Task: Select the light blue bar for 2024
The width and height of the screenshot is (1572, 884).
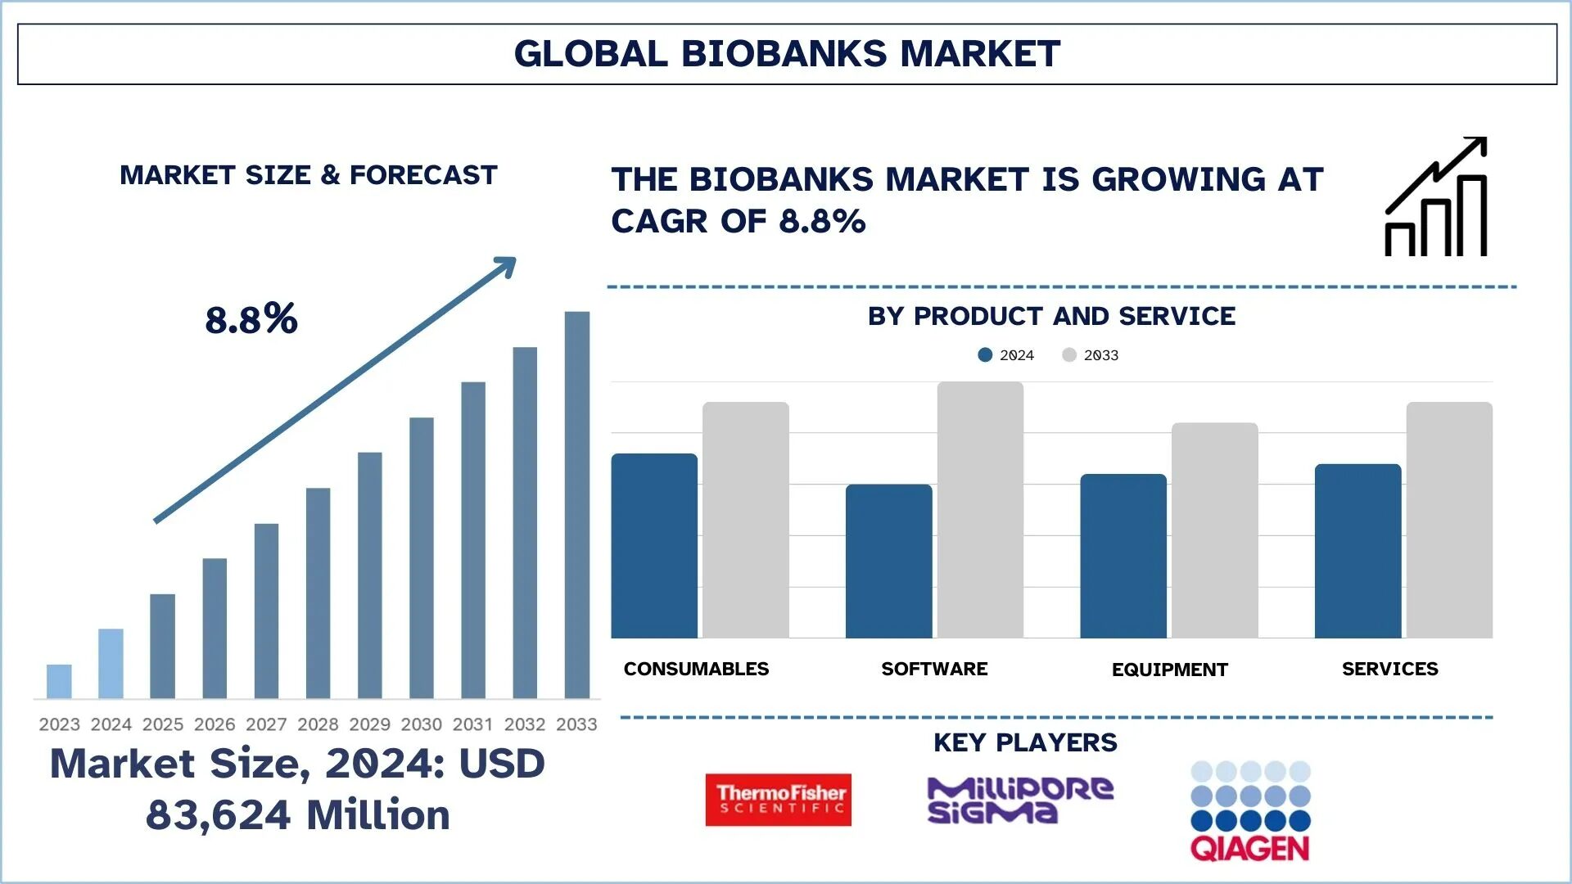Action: pyautogui.click(x=111, y=663)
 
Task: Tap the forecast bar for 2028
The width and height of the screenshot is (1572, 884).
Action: pyautogui.click(x=318, y=593)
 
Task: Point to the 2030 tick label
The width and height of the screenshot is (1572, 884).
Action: pyautogui.click(x=421, y=724)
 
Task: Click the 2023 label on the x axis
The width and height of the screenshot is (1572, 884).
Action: pyautogui.click(x=59, y=724)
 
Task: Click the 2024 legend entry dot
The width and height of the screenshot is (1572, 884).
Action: pyautogui.click(x=985, y=355)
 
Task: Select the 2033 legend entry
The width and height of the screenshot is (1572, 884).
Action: pyautogui.click(x=1092, y=355)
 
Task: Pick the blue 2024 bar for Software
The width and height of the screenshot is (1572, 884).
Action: pyautogui.click(x=888, y=562)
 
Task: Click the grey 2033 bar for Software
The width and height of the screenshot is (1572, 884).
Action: pyautogui.click(x=980, y=509)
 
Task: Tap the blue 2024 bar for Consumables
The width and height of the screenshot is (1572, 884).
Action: pyautogui.click(x=654, y=546)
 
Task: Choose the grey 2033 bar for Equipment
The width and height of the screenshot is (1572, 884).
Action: pyautogui.click(x=1214, y=530)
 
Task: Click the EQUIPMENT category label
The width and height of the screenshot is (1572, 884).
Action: pyautogui.click(x=1169, y=670)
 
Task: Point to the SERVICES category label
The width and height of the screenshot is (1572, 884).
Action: pyautogui.click(x=1389, y=669)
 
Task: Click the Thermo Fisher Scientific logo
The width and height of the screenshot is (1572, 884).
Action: pyautogui.click(x=778, y=800)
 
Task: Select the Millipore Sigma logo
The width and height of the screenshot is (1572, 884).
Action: pyautogui.click(x=1019, y=800)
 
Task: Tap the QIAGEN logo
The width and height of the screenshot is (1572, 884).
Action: pyautogui.click(x=1250, y=811)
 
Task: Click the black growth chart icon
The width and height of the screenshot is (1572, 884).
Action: pyautogui.click(x=1435, y=196)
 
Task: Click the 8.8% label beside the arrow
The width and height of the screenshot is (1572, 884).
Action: pyautogui.click(x=251, y=319)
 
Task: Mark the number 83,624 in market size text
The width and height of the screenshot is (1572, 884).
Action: pyautogui.click(x=218, y=815)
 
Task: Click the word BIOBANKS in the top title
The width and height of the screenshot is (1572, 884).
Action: pyautogui.click(x=784, y=54)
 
